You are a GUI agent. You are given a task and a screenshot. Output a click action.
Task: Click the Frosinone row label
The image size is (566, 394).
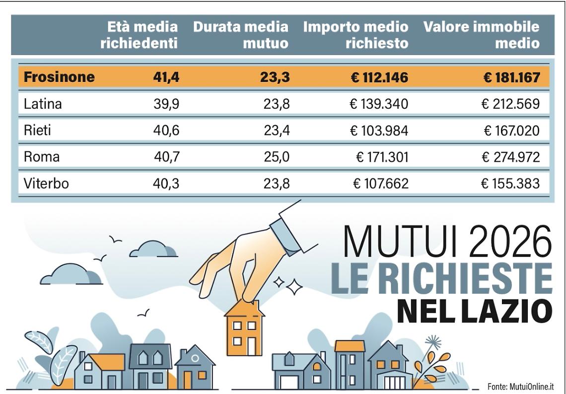click(59, 77)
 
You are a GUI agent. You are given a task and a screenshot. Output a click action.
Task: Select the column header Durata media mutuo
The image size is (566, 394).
click(241, 35)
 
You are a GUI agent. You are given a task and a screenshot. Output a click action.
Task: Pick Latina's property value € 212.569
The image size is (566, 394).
click(510, 104)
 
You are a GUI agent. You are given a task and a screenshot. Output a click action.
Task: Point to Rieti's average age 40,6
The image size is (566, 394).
click(166, 131)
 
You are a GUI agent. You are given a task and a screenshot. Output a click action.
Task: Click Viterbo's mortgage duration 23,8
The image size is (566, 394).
click(277, 184)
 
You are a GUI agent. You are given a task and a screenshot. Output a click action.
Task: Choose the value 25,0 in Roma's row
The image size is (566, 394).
click(277, 157)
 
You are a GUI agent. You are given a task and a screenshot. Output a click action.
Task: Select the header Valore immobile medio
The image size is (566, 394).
click(482, 35)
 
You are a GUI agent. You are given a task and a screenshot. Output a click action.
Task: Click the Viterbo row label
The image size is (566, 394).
click(46, 184)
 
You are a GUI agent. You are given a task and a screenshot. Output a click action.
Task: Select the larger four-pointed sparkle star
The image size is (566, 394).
click(294, 286)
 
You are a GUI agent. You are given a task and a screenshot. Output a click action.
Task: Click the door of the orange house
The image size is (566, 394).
click(252, 346)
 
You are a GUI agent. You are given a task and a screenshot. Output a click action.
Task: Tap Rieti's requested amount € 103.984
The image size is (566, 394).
click(379, 131)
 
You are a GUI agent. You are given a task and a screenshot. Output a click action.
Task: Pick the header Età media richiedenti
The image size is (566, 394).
click(139, 35)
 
